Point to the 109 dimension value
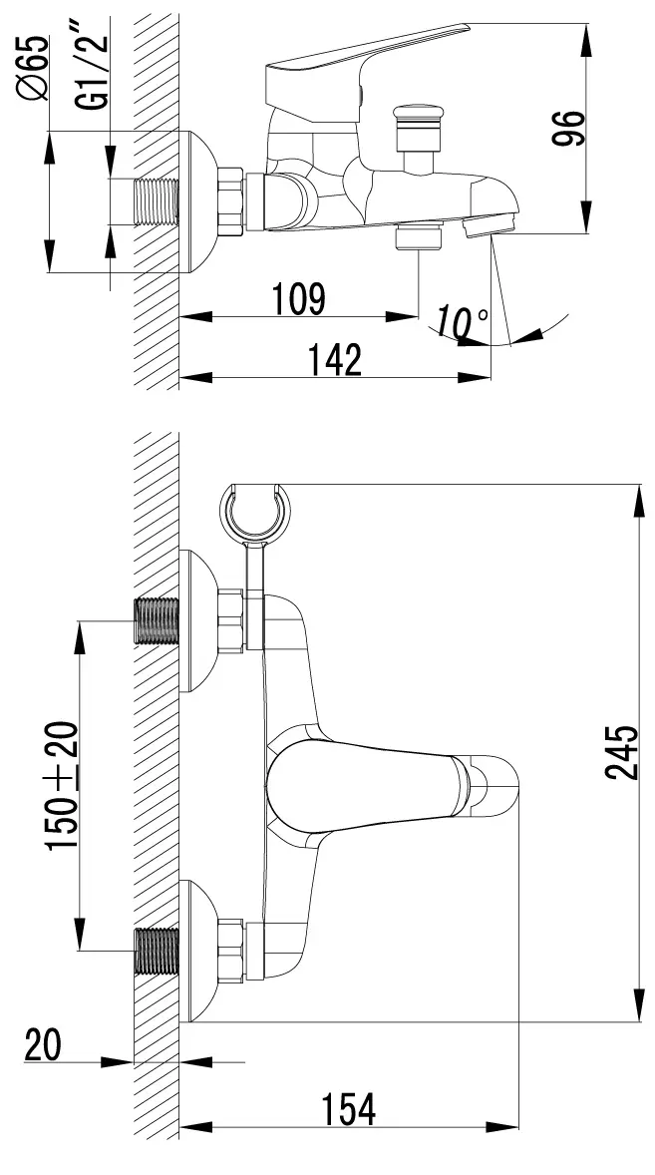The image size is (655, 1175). click(297, 299)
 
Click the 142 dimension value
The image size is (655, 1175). click(335, 360)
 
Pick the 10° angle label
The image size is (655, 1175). click(462, 322)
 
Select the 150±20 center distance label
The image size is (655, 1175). click(62, 785)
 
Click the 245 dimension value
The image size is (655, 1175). click(622, 752)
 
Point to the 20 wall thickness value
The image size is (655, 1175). click(43, 1044)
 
